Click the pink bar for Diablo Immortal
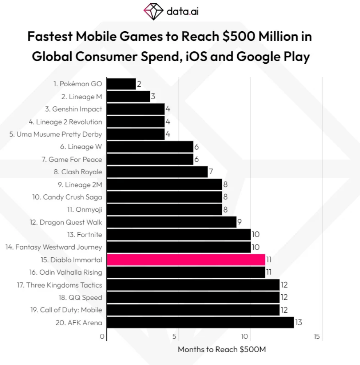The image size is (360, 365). pos(186,259)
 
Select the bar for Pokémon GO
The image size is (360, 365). pos(121,84)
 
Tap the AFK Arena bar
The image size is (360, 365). pos(200,322)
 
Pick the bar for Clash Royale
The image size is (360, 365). pos(157,172)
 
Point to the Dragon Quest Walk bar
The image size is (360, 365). pos(171,222)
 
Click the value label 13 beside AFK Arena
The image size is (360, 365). pos(298,322)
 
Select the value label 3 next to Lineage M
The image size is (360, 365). pos(153,97)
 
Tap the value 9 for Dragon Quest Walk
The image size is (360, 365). pos(239,222)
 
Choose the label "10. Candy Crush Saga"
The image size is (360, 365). pos(67,197)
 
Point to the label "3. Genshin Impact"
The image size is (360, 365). pos(74,109)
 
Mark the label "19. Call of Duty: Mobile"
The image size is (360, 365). pos(66,310)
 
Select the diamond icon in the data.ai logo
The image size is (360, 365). pos(153,11)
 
